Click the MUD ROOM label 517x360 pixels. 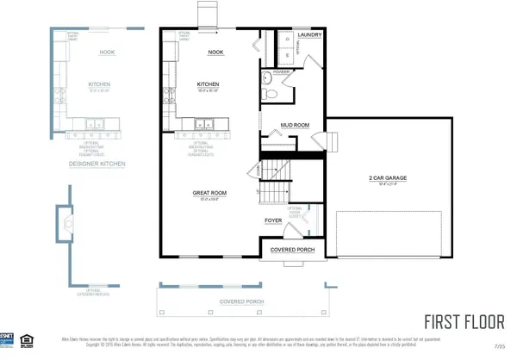295,126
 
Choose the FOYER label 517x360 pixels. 273,220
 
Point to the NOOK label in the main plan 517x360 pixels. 216,52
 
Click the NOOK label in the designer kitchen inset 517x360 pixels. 107,52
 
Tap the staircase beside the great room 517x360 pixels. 273,183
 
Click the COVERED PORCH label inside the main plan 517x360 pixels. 290,249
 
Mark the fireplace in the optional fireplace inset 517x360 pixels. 65,226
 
